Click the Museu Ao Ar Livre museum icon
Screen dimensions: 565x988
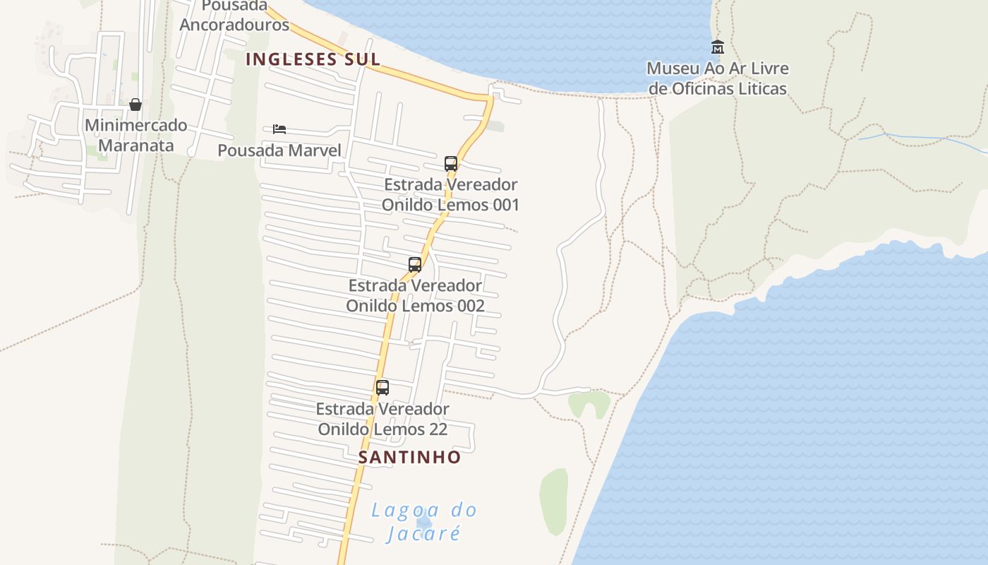click(718, 47)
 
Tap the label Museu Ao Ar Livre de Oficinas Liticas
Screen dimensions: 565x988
click(717, 78)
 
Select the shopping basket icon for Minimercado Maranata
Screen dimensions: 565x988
click(135, 105)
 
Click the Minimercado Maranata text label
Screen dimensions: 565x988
click(135, 136)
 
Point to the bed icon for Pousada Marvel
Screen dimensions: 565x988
click(279, 129)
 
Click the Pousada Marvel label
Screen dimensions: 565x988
click(279, 150)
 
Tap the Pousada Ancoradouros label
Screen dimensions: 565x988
click(234, 16)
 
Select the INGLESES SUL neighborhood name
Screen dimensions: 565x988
click(313, 59)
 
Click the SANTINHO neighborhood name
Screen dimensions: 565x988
click(409, 458)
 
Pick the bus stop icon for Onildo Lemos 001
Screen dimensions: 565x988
click(451, 164)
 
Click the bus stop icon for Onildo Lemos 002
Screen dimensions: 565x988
click(415, 265)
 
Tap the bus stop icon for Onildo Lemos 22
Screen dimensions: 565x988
click(382, 388)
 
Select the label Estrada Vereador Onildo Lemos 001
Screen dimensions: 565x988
click(450, 195)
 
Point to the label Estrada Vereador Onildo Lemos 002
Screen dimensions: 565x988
click(415, 296)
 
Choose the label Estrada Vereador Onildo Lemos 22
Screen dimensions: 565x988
click(382, 419)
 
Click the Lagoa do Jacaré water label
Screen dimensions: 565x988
click(424, 521)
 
